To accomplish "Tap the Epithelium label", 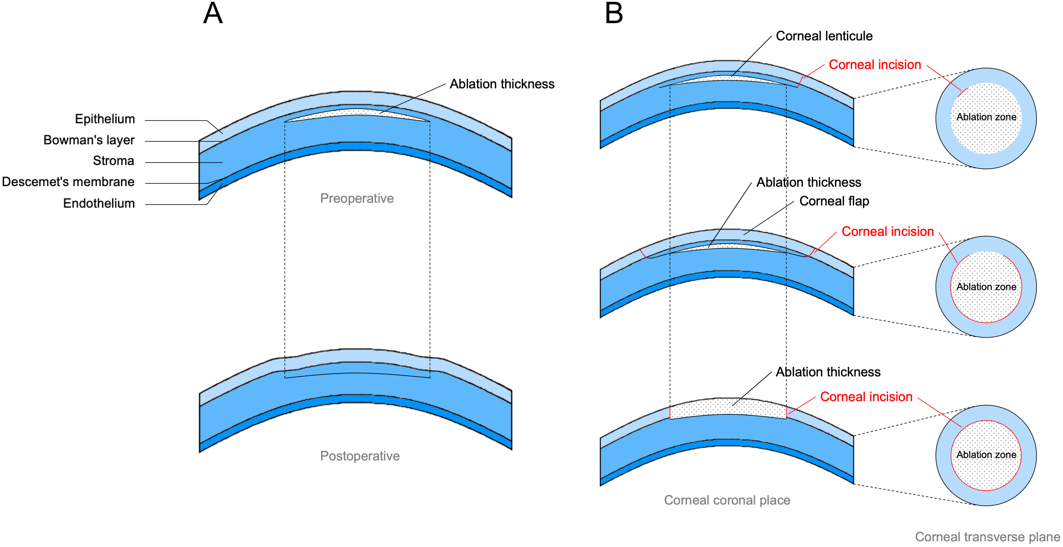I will pyautogui.click(x=105, y=119).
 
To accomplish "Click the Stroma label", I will pyautogui.click(x=114, y=161).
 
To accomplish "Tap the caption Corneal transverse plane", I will pyautogui.click(x=987, y=537).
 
